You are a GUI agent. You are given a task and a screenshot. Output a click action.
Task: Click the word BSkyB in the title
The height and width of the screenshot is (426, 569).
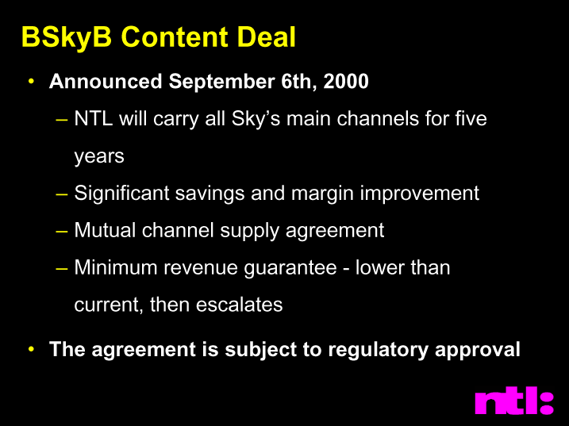coord(67,38)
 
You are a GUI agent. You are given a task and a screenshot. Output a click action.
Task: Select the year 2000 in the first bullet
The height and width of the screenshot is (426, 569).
coord(346,81)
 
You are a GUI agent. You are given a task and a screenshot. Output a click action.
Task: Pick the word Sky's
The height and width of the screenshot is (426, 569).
coord(256,120)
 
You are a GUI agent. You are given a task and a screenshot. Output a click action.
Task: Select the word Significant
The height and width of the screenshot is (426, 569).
coord(121,194)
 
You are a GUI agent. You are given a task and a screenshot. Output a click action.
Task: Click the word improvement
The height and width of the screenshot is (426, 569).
coord(420,194)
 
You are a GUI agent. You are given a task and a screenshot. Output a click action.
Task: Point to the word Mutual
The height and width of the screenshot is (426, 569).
coord(105,230)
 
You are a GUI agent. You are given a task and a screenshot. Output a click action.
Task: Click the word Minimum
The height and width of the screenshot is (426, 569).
coord(116,267)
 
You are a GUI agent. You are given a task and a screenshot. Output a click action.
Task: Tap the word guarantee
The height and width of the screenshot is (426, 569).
coord(290,269)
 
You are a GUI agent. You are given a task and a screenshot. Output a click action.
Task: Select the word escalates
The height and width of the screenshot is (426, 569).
coord(239,305)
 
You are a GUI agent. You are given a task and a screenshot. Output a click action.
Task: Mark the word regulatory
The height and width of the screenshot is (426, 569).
coord(378,350)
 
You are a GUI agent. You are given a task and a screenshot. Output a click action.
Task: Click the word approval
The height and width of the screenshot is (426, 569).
coord(478,350)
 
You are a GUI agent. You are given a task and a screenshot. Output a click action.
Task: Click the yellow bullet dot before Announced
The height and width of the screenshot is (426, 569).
coord(32,81)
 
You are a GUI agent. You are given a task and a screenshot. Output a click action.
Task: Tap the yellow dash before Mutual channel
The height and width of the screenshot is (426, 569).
coord(62,231)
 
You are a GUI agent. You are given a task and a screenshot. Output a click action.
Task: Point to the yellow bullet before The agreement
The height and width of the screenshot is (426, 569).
coord(32,349)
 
